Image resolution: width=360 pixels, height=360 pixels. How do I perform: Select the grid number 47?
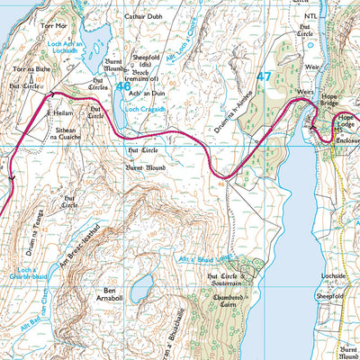point(263,78)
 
